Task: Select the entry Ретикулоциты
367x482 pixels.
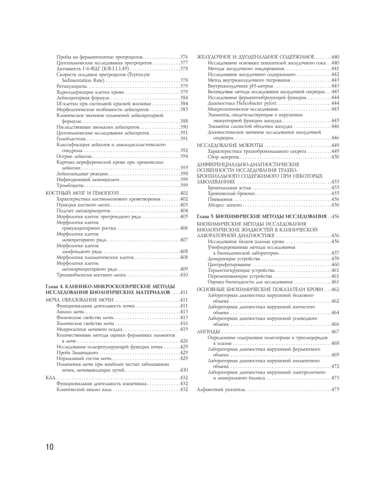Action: pos(71,86)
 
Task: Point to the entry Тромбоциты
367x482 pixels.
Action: pos(70,185)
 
